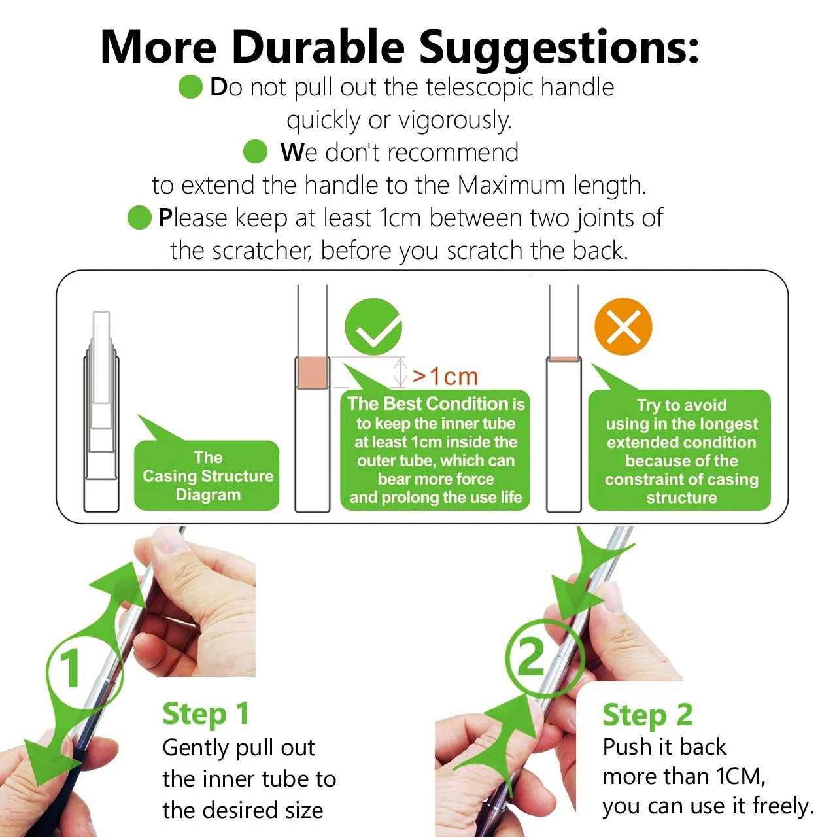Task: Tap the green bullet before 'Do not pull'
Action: [190, 86]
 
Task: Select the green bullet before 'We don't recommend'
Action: [255, 152]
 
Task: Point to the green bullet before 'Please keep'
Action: [139, 217]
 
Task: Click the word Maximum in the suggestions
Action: [511, 185]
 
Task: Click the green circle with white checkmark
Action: [373, 327]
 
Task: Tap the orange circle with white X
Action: [623, 327]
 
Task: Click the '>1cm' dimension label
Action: [445, 377]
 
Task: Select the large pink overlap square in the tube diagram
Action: [312, 373]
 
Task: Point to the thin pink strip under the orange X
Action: [564, 359]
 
